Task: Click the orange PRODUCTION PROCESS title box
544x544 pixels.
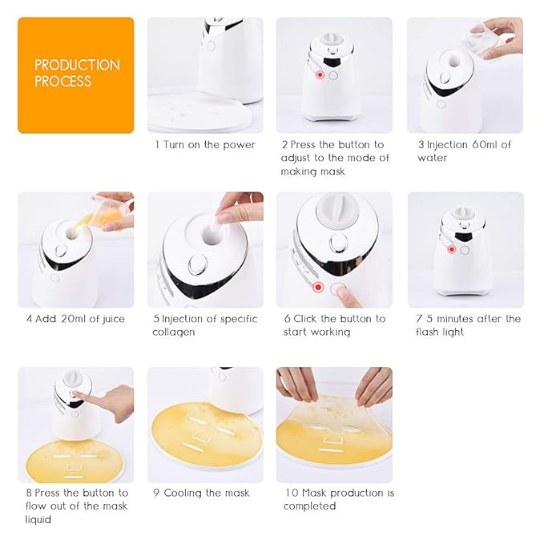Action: tap(75, 75)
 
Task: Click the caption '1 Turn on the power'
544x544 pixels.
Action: tap(205, 145)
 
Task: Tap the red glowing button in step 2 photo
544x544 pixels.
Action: tap(320, 75)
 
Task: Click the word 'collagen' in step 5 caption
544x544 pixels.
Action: tap(174, 332)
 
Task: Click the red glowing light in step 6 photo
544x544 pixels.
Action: tap(319, 286)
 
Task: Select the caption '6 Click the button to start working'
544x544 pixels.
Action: tap(334, 325)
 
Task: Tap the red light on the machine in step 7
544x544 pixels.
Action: tap(453, 249)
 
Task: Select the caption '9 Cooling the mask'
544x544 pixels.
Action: tap(199, 493)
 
